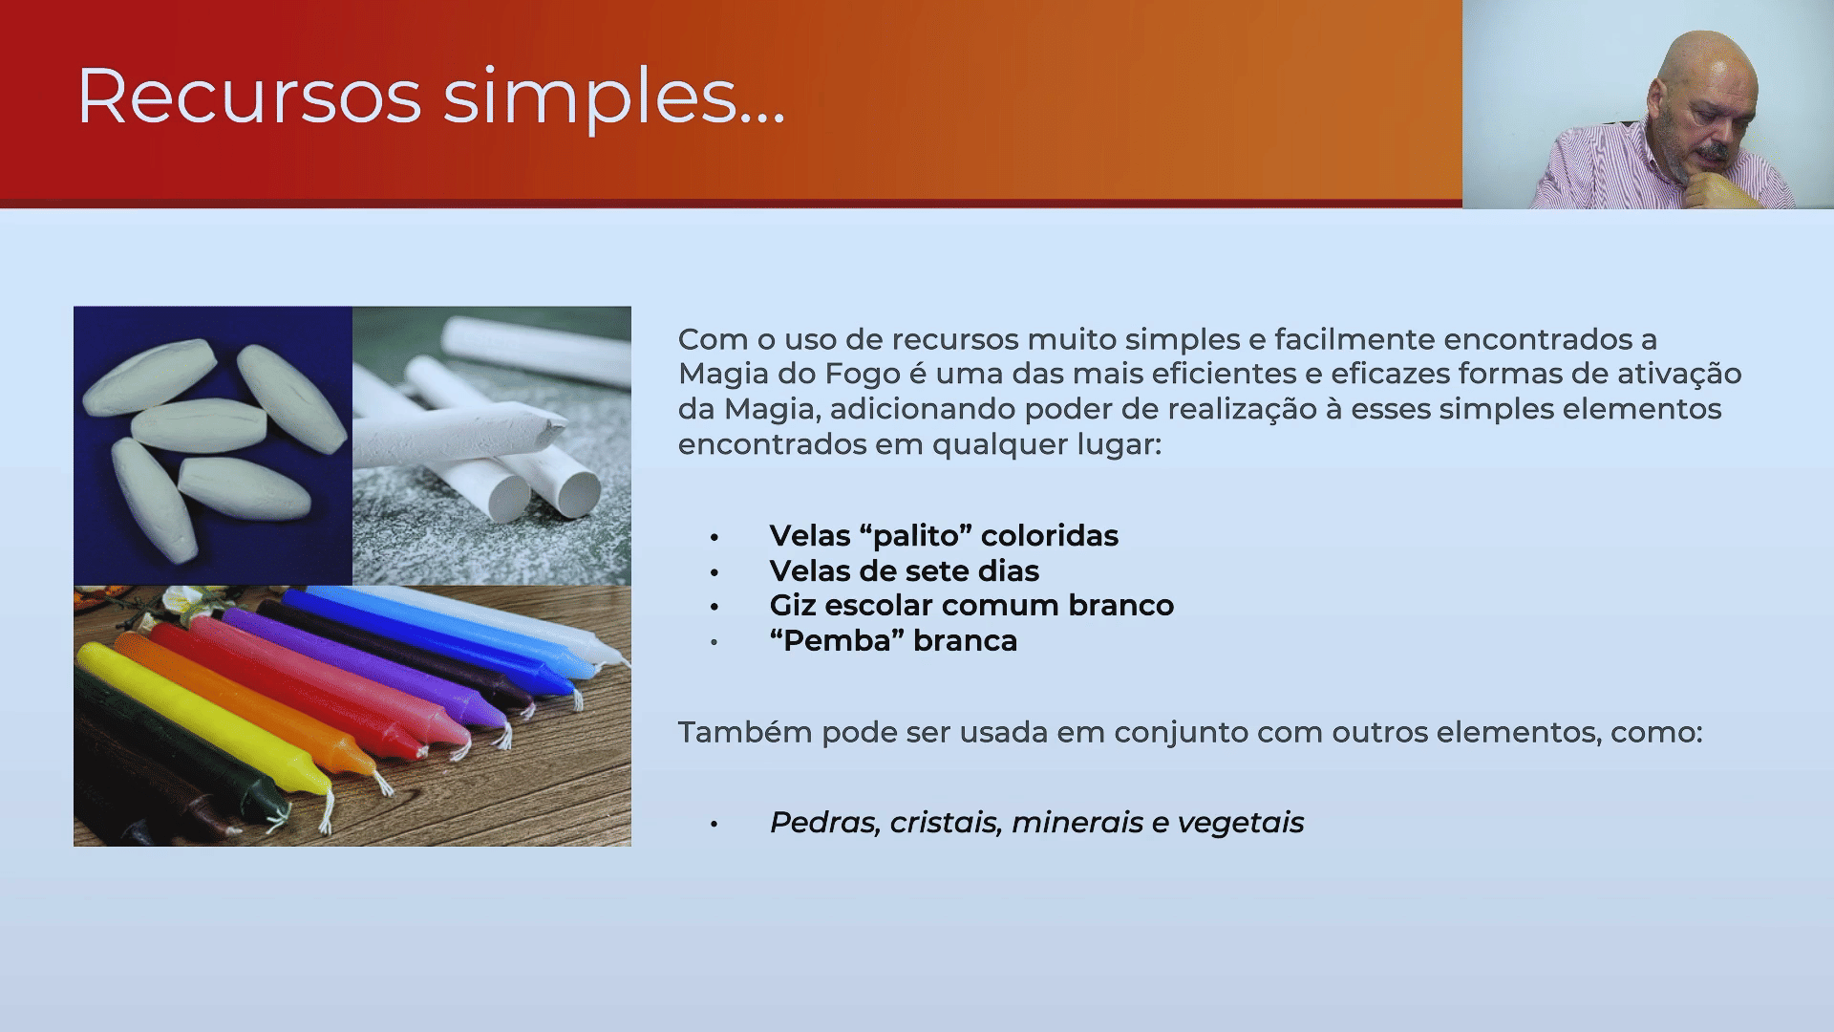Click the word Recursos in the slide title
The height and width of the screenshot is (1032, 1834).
point(249,96)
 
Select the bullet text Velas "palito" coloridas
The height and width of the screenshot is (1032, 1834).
point(944,536)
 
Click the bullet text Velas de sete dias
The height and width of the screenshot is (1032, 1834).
point(904,571)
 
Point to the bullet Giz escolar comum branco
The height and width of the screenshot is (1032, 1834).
point(971,606)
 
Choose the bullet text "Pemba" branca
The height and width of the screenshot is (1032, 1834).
point(893,640)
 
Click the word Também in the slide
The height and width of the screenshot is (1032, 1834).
point(745,732)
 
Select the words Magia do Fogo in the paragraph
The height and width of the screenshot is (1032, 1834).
point(790,374)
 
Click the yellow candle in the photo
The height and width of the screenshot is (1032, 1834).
point(204,720)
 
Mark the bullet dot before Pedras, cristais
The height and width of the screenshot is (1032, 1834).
point(714,824)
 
